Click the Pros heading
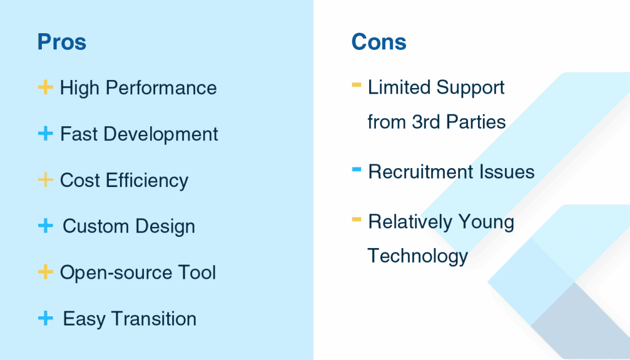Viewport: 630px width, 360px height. (x=62, y=42)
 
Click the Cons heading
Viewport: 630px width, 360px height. (x=379, y=42)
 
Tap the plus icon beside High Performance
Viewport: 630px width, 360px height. (x=46, y=87)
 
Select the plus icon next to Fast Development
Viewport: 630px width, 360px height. (x=46, y=134)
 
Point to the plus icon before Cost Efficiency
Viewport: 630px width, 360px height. (x=46, y=180)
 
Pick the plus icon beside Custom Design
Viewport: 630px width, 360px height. (x=46, y=226)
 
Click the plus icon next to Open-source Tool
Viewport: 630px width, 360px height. (x=46, y=272)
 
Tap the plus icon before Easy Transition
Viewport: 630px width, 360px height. (x=46, y=318)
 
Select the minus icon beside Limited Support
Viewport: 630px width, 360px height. (x=356, y=85)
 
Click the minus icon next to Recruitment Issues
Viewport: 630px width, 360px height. (x=356, y=169)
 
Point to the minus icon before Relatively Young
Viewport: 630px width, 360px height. (x=356, y=219)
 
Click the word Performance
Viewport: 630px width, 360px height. (x=161, y=88)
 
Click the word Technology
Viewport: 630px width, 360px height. (x=418, y=255)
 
